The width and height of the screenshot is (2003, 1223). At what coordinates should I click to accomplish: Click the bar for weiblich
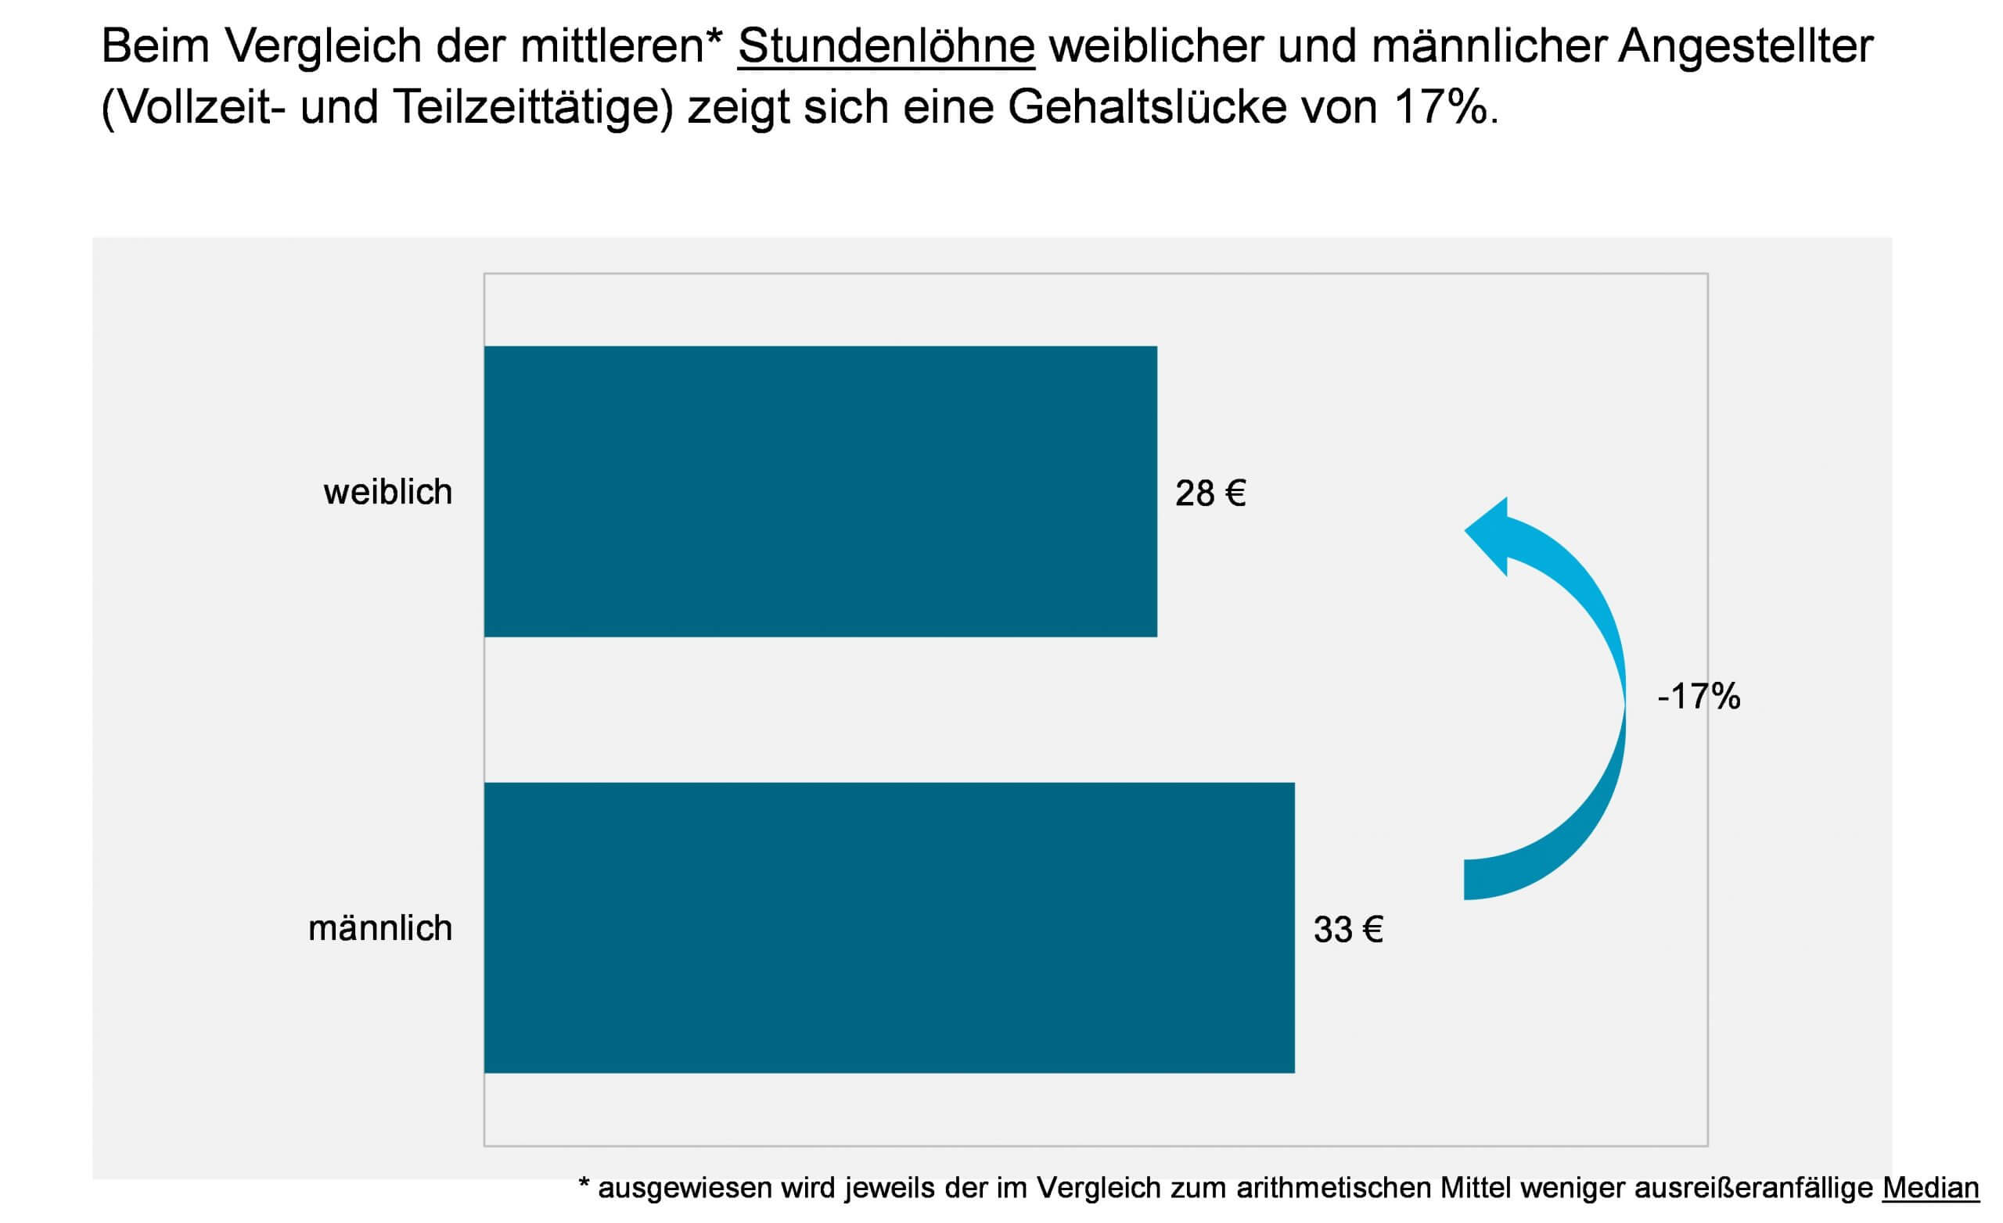819,492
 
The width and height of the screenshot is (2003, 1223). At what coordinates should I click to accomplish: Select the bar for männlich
889,927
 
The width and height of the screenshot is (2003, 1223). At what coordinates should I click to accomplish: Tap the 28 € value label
1210,493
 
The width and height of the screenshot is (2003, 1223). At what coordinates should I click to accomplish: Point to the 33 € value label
1348,930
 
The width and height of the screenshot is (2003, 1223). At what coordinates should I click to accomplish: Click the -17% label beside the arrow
1698,697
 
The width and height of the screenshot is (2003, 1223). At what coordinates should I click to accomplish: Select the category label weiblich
388,493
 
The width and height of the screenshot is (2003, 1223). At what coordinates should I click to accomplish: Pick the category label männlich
379,928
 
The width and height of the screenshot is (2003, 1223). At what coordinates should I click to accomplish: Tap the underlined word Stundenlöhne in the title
886,46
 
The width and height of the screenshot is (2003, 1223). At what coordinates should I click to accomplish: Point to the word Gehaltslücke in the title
1147,107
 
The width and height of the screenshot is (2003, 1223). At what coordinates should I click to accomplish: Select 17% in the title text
1440,107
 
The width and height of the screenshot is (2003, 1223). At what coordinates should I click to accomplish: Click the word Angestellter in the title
1746,46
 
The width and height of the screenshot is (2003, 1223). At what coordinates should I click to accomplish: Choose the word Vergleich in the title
322,46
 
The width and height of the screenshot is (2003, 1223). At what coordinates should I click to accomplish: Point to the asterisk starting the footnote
584,1185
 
